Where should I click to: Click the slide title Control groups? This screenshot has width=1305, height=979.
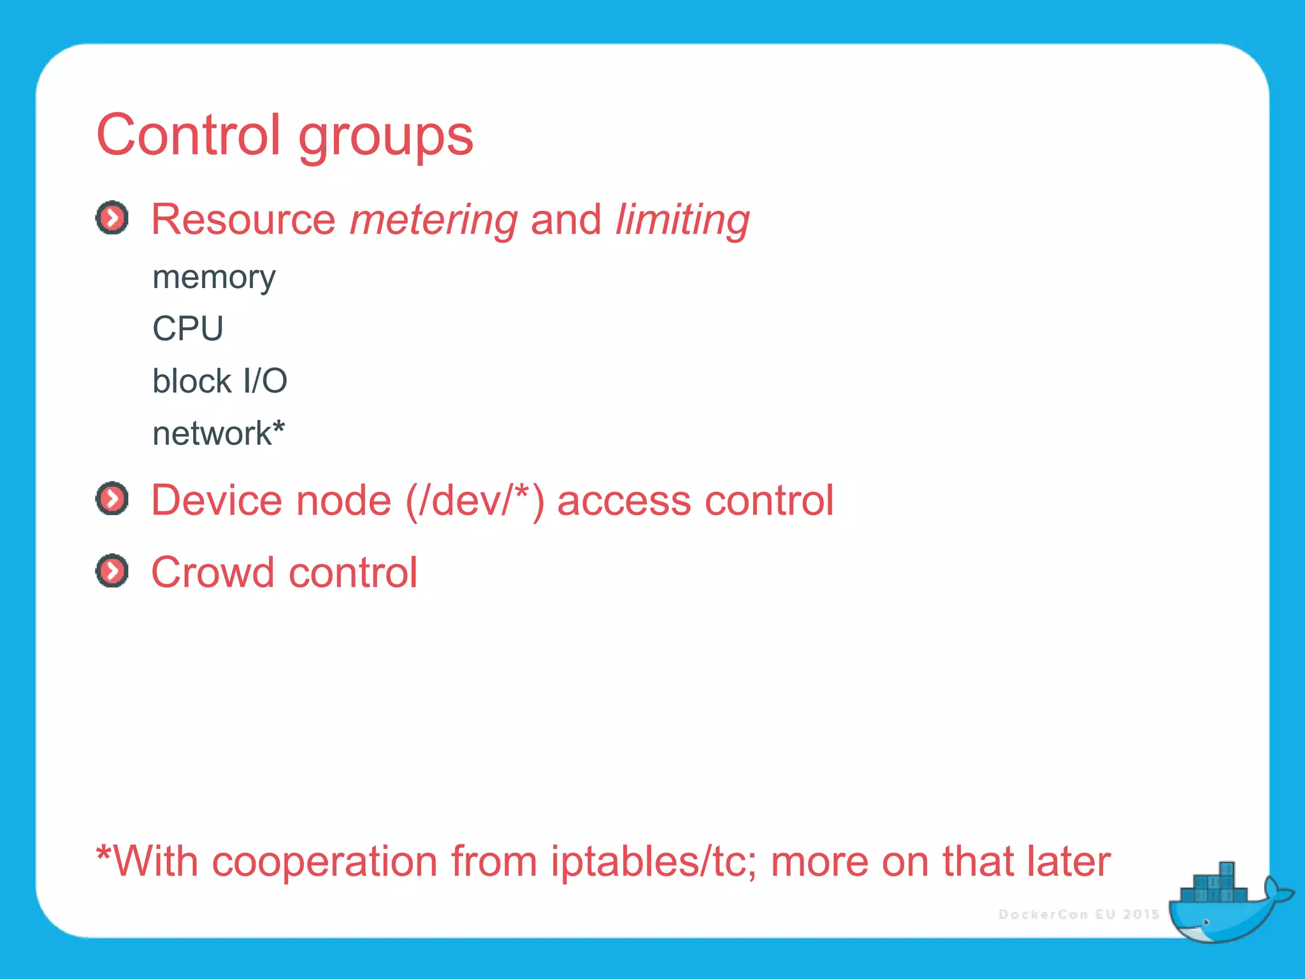(284, 135)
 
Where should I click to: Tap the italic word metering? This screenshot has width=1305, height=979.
(434, 220)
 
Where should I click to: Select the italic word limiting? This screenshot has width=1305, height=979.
(682, 220)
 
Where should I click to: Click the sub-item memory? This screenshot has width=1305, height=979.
(213, 278)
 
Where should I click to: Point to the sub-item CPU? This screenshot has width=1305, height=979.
(188, 329)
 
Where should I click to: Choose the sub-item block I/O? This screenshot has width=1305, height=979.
(220, 381)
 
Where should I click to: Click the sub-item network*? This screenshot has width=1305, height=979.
(218, 433)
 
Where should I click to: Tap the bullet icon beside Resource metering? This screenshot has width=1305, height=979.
(112, 218)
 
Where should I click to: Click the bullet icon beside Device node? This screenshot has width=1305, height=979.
(112, 498)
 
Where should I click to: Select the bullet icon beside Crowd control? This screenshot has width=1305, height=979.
(112, 570)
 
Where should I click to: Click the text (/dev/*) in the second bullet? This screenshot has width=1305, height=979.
(475, 500)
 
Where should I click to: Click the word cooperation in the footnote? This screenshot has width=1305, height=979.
(324, 862)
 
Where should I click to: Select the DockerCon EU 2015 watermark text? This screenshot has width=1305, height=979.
(1078, 915)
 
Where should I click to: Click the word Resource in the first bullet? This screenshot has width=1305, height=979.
(243, 220)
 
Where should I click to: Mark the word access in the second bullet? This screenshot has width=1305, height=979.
(624, 500)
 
